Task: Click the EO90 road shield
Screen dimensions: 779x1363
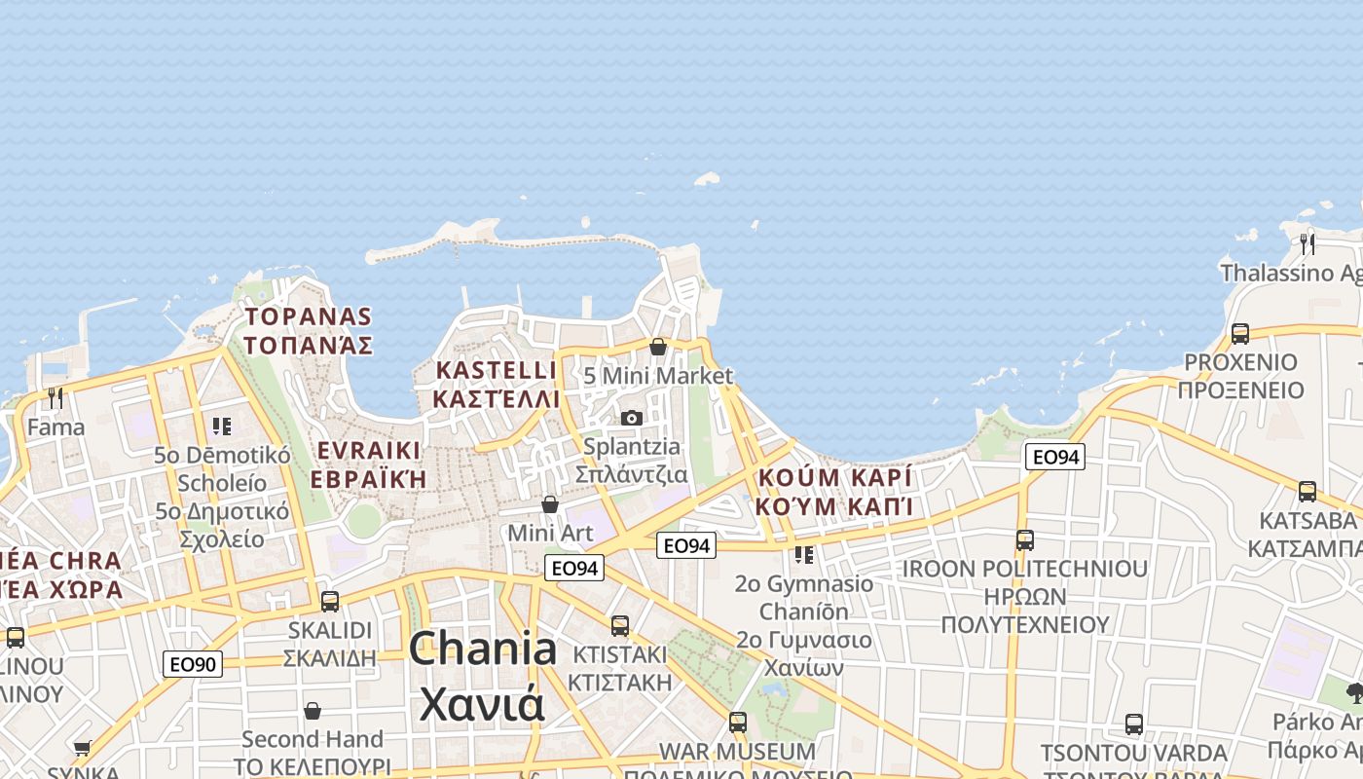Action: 193,664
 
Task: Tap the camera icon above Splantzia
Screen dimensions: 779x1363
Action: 631,418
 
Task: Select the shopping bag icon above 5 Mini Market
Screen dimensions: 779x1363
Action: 658,347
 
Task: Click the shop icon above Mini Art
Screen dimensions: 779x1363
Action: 550,504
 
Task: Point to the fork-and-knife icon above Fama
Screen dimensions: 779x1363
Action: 55,397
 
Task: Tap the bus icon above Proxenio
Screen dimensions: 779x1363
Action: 1239,333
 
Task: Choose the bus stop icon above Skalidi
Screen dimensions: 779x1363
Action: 330,601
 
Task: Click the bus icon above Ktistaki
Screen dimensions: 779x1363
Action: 620,625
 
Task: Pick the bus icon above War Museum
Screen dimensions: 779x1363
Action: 738,722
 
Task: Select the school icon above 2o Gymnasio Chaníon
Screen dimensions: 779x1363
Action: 803,554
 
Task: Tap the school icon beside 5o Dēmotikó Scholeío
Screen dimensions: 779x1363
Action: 222,426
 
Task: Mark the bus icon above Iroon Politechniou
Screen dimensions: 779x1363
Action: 1024,539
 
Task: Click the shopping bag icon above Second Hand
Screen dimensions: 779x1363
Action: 313,711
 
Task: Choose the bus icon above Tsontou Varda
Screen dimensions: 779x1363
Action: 1133,723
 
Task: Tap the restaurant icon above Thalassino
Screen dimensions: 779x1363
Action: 1307,242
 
